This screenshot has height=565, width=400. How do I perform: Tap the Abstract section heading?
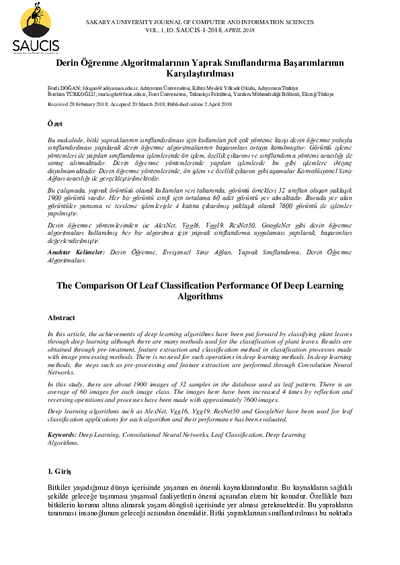pos(62,317)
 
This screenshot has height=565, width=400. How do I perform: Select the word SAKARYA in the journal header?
pos(104,23)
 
